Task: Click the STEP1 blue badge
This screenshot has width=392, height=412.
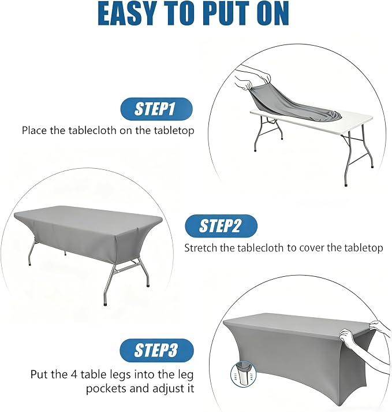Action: click(156, 109)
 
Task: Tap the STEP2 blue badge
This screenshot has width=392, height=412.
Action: click(221, 227)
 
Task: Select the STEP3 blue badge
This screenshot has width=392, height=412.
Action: click(156, 351)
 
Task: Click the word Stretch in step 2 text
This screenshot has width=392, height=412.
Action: click(201, 248)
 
